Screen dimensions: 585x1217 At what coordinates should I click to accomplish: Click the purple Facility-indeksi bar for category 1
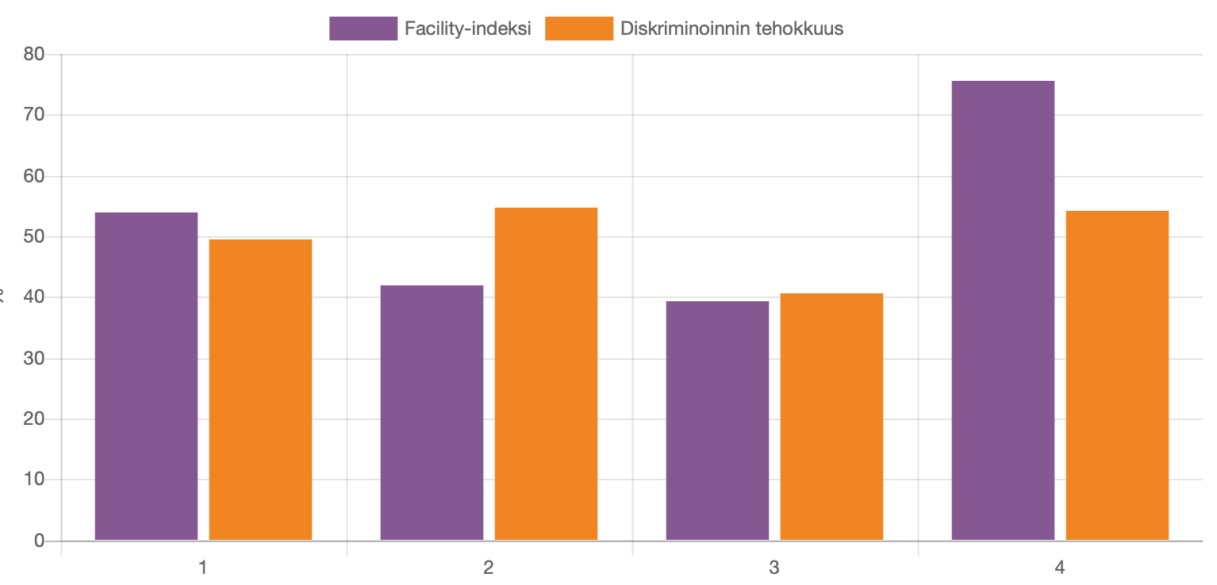click(x=146, y=377)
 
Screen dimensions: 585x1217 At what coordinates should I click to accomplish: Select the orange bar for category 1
click(x=260, y=390)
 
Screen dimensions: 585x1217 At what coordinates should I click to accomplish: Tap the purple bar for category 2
click(x=432, y=413)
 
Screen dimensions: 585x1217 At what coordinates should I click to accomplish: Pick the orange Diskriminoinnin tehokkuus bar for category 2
click(x=546, y=374)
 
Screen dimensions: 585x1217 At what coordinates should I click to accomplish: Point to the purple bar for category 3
click(x=717, y=421)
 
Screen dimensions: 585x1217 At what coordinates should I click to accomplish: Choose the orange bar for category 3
click(x=831, y=417)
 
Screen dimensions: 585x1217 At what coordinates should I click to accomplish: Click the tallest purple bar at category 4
click(x=1003, y=311)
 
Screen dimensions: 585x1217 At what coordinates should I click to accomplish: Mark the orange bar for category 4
click(x=1117, y=376)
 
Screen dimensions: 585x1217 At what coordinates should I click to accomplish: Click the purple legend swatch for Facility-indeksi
click(x=363, y=29)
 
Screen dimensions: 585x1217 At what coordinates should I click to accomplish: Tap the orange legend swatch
click(x=579, y=29)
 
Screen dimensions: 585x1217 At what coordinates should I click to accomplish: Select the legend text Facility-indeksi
click(x=467, y=29)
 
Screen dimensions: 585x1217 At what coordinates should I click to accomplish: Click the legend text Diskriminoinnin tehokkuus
click(x=731, y=29)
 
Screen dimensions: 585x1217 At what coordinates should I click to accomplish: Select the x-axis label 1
click(x=204, y=568)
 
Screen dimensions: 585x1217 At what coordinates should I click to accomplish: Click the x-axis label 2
click(x=489, y=568)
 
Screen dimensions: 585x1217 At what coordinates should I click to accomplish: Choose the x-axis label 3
click(x=775, y=568)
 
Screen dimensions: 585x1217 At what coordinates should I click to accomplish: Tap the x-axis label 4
click(x=1061, y=568)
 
